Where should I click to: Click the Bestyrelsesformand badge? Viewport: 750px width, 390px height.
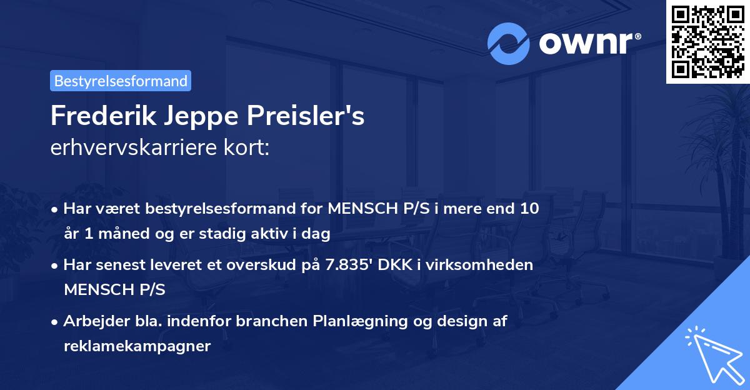click(x=121, y=81)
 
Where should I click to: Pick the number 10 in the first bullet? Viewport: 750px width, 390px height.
click(x=529, y=208)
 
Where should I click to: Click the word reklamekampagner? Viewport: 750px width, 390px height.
click(x=137, y=346)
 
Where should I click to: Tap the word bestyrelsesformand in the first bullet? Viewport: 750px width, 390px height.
click(x=211, y=208)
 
